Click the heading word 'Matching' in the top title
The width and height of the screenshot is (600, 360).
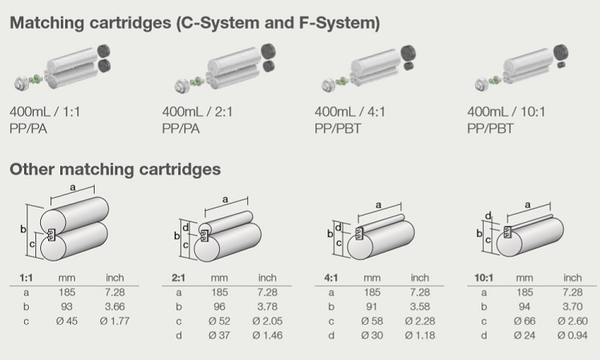tap(47, 23)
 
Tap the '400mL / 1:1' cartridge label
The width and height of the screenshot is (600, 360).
tap(45, 111)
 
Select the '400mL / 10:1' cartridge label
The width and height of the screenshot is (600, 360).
tap(506, 111)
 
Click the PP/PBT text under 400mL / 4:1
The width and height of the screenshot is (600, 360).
tap(338, 128)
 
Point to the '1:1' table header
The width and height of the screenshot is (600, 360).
tap(26, 277)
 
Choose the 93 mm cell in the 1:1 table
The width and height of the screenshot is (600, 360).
tap(67, 307)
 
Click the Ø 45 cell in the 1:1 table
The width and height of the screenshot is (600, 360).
tap(67, 321)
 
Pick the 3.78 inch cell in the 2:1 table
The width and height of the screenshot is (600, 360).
tap(267, 307)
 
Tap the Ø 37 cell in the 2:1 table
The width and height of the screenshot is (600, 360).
tap(219, 335)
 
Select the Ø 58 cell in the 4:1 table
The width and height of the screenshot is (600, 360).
tap(371, 321)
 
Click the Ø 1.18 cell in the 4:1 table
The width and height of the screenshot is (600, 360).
tap(420, 335)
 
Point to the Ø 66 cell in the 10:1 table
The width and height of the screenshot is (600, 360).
tap(525, 321)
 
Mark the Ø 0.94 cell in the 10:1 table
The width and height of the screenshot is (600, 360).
tap(573, 335)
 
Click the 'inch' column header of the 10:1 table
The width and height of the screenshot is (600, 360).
tap(573, 277)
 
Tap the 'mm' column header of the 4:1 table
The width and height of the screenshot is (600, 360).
tap(371, 277)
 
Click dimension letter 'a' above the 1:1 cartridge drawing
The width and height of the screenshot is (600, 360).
tap(73, 188)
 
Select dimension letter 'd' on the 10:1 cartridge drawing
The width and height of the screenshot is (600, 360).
tap(488, 216)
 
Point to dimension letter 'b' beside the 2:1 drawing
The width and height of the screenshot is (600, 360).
tap(176, 236)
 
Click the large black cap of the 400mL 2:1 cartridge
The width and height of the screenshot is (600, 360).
tap(268, 51)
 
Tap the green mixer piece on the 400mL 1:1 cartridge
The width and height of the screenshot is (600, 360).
tap(37, 79)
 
